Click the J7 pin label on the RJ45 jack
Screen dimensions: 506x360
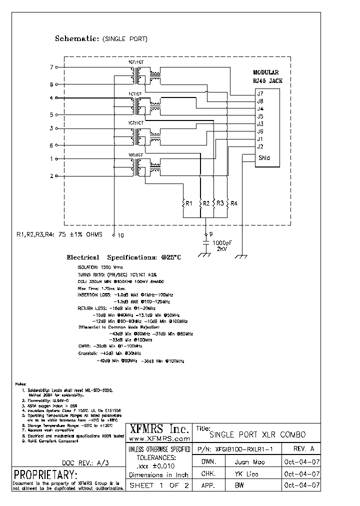[x=260, y=93]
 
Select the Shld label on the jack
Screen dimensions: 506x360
[x=264, y=158]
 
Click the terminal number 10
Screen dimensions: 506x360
[x=120, y=234]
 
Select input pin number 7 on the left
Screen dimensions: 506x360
[x=51, y=67]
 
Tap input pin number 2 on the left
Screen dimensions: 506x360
[x=51, y=176]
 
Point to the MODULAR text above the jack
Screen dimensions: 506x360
[x=265, y=72]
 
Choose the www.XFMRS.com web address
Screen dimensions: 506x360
[x=159, y=437]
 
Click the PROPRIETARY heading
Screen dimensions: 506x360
[x=45, y=474]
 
